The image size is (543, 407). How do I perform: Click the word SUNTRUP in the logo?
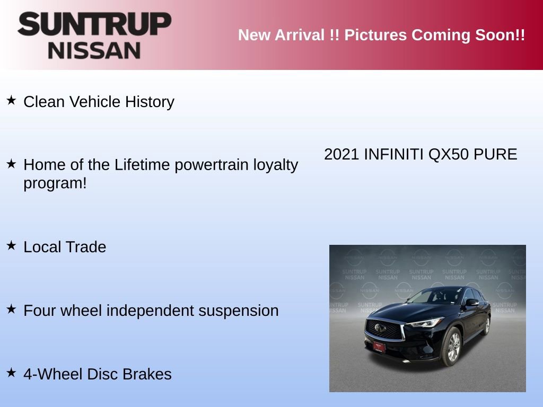coord(94,24)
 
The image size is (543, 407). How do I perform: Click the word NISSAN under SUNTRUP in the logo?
coord(94,50)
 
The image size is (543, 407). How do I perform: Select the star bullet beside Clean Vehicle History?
coord(11,100)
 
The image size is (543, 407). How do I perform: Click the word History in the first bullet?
coord(150,102)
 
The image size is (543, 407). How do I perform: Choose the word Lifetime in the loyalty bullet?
coord(142,165)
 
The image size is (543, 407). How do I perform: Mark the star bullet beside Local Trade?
coord(11,245)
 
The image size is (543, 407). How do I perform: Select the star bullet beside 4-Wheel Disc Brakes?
coord(11,372)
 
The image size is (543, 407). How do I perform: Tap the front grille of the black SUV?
coord(384,329)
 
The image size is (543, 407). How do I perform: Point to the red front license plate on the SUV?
coord(379,347)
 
